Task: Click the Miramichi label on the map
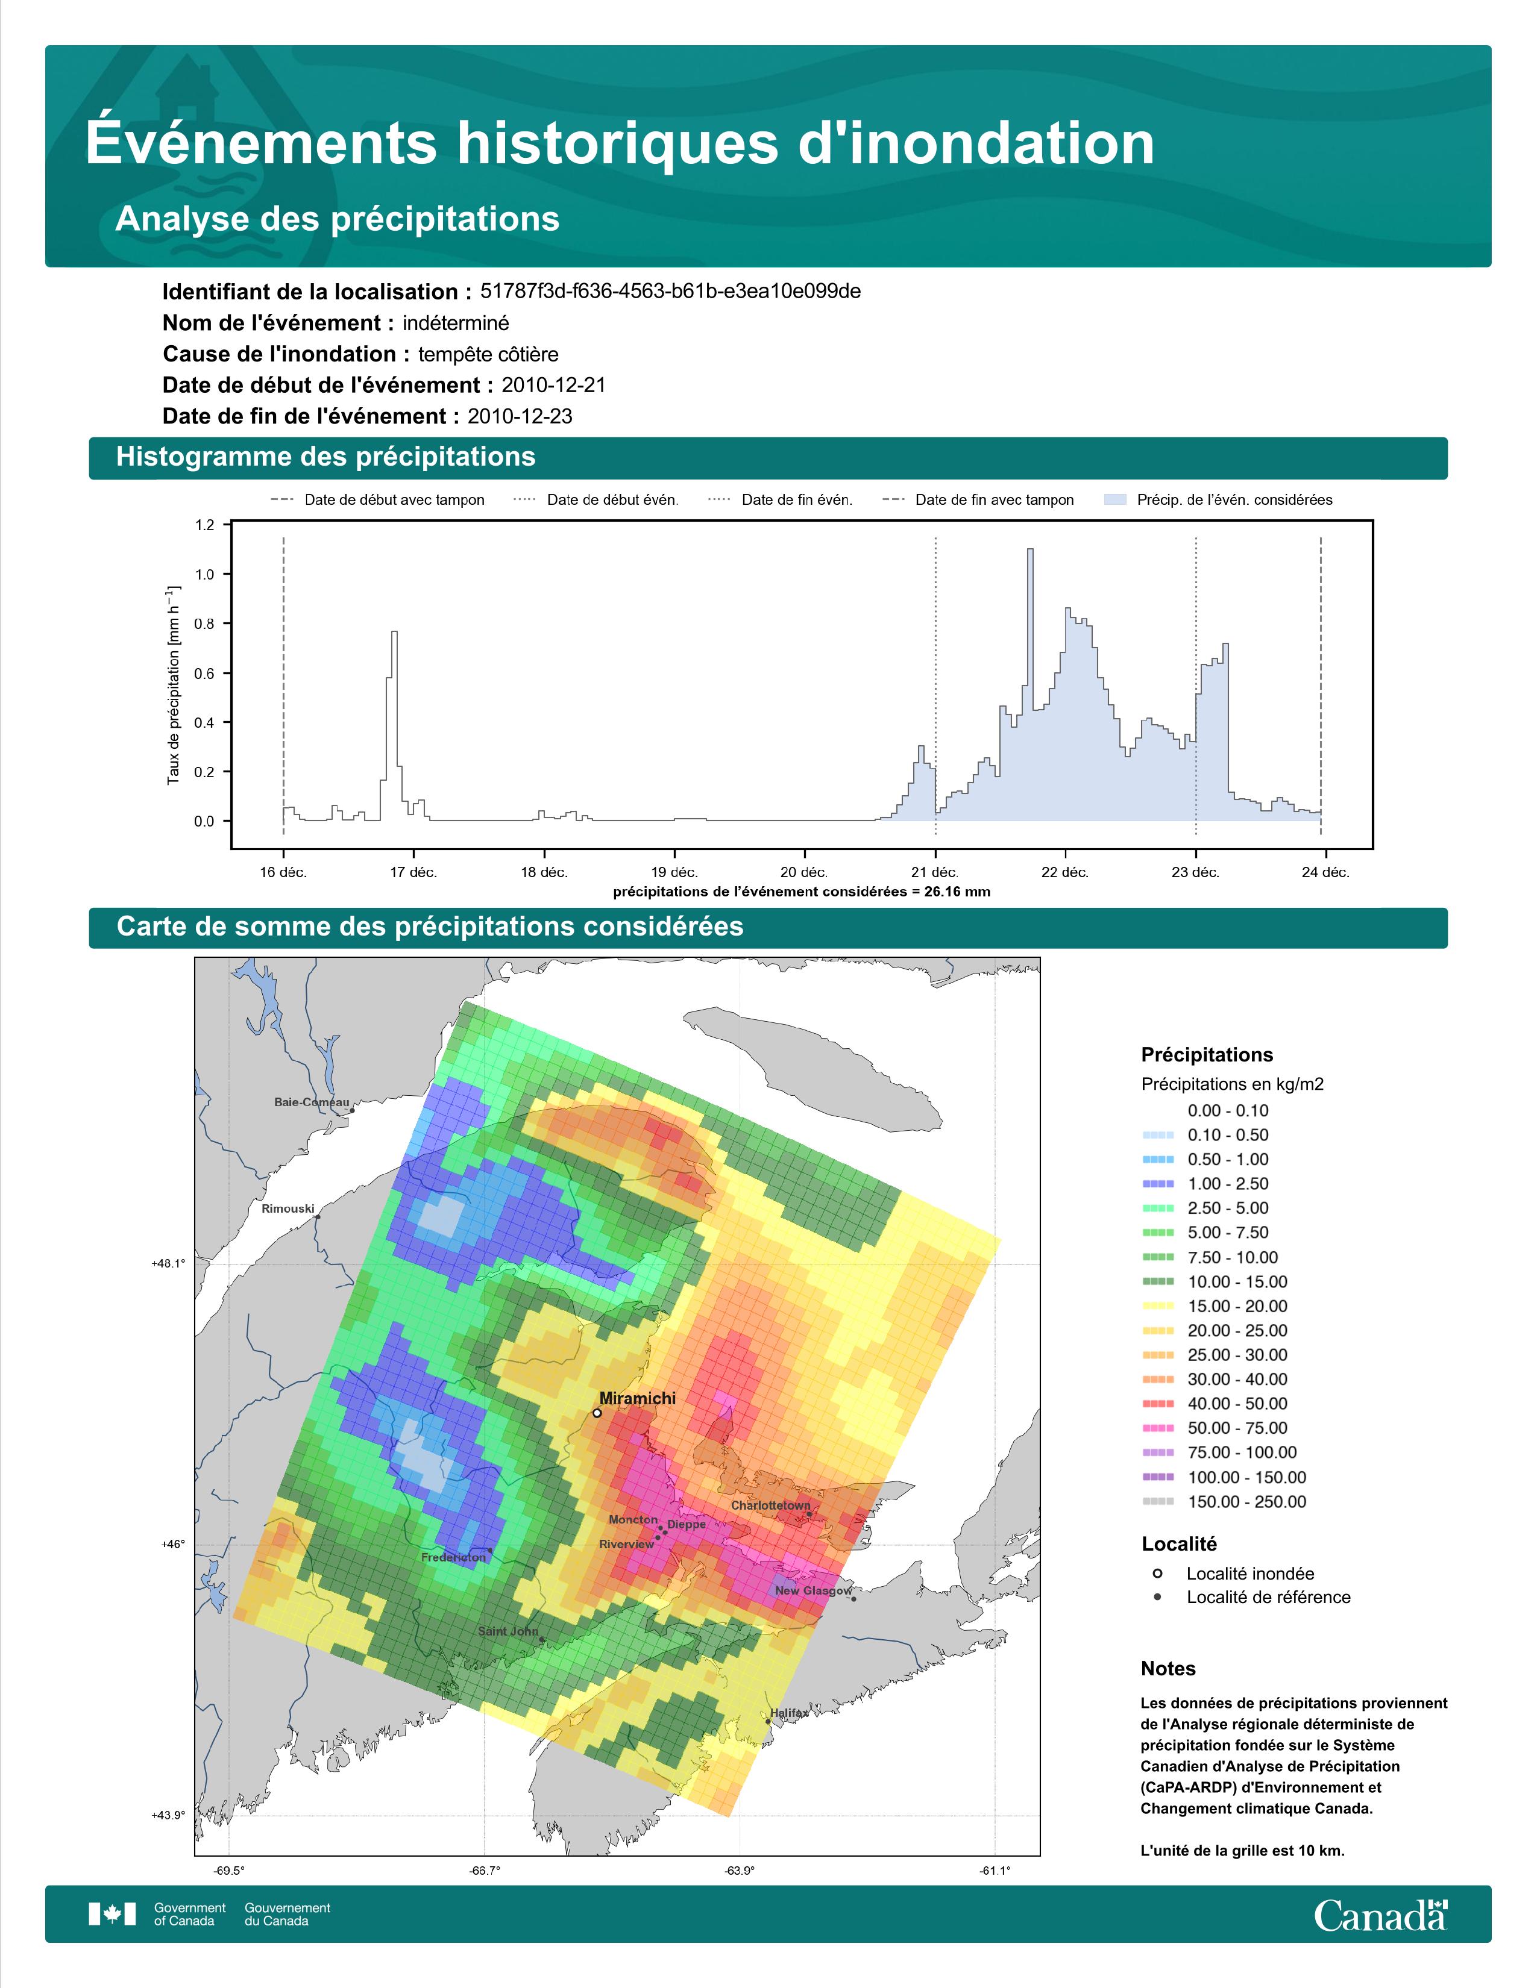[x=637, y=1398]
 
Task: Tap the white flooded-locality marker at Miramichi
[x=596, y=1414]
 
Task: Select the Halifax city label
[x=788, y=1713]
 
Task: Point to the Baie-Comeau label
[x=312, y=1102]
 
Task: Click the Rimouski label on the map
[x=288, y=1209]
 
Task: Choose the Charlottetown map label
[x=770, y=1505]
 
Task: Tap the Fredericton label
[x=453, y=1557]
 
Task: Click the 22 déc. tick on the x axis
[x=1064, y=872]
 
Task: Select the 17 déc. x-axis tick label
[x=413, y=872]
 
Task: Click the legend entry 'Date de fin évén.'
[x=781, y=500]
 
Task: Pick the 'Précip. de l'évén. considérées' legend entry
[x=1218, y=500]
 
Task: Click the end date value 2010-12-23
[x=520, y=416]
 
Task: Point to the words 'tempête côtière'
[x=488, y=354]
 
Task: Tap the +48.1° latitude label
[x=168, y=1263]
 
